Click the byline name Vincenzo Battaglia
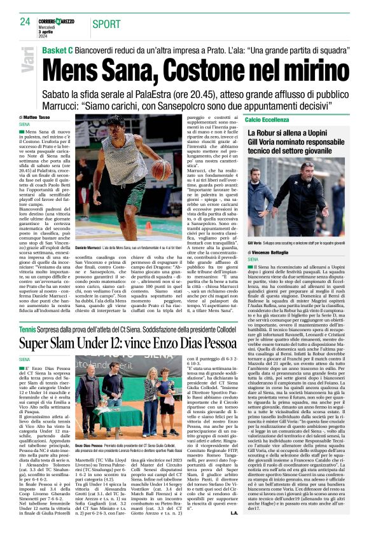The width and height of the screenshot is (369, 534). pyautogui.click(x=281, y=252)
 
